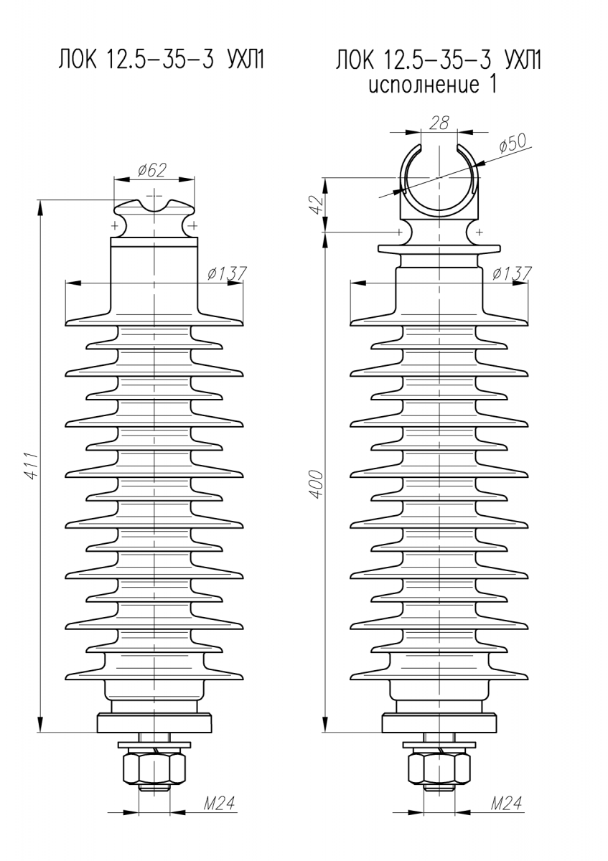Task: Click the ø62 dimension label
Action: (152, 170)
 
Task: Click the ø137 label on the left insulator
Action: (225, 273)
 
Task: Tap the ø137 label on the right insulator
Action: (511, 273)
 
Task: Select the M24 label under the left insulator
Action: (219, 804)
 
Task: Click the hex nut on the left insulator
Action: (154, 768)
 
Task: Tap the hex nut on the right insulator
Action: (439, 768)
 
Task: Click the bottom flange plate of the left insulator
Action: (154, 723)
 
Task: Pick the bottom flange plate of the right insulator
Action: (439, 723)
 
